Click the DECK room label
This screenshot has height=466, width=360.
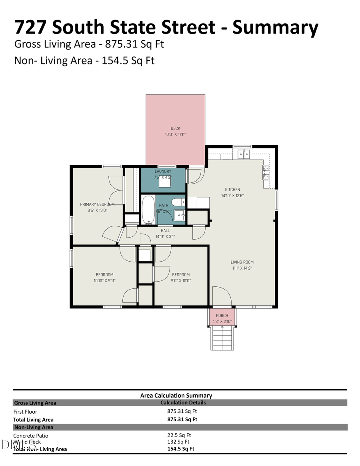(175, 128)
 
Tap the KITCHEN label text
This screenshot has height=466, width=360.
(232, 190)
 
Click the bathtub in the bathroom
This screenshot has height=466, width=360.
(148, 210)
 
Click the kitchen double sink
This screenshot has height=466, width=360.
(244, 154)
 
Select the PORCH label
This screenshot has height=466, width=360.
(222, 316)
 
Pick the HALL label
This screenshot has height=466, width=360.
(165, 230)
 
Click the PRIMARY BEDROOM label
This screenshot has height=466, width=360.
(97, 204)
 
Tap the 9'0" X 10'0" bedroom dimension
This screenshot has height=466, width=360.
(181, 280)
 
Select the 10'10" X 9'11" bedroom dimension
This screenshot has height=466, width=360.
(104, 280)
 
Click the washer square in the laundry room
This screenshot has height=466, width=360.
(163, 182)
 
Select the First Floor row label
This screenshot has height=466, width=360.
(25, 412)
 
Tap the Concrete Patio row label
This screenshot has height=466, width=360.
(31, 436)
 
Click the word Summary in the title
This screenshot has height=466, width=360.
(275, 27)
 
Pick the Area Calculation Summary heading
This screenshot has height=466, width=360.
(176, 395)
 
